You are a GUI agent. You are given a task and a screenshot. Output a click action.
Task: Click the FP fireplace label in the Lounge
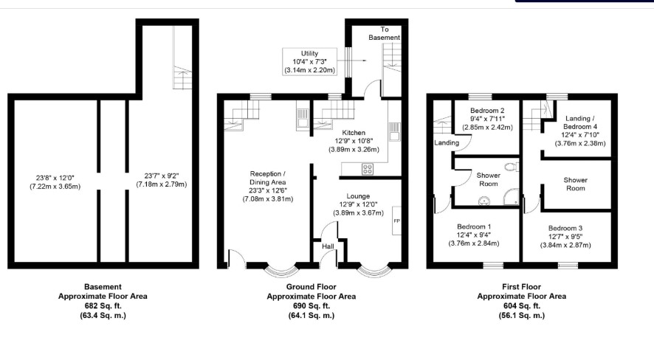[396, 221]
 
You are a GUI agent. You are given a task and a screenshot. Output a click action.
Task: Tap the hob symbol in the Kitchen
[368, 169]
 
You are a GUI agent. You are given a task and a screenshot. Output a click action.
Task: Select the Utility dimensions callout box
[309, 62]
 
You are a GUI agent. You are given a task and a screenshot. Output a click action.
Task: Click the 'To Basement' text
[384, 33]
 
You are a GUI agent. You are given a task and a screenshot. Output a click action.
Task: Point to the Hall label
[328, 246]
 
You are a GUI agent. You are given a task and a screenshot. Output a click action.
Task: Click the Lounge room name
[358, 195]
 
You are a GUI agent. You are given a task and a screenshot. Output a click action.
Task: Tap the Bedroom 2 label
[487, 111]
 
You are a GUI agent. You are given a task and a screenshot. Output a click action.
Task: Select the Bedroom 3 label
[565, 229]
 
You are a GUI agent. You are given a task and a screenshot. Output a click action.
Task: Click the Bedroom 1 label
[474, 226]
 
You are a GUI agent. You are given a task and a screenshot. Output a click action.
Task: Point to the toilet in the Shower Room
[512, 167]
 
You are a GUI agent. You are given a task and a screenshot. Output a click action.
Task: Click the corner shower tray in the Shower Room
[512, 197]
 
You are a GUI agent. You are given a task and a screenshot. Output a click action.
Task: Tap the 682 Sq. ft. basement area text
[103, 306]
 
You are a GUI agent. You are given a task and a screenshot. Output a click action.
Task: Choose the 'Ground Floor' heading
[311, 287]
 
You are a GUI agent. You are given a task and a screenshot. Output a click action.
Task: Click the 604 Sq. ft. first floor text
[522, 306]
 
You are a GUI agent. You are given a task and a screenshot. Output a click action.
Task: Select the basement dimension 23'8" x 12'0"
[55, 178]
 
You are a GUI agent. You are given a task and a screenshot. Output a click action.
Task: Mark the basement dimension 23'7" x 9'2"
[162, 176]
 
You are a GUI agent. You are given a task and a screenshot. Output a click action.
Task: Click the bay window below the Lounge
[374, 271]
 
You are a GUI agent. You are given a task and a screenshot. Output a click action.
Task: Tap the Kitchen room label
[354, 133]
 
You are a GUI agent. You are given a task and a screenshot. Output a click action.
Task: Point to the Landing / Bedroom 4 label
[580, 122]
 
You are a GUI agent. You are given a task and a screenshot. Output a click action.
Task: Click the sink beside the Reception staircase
[303, 117]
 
